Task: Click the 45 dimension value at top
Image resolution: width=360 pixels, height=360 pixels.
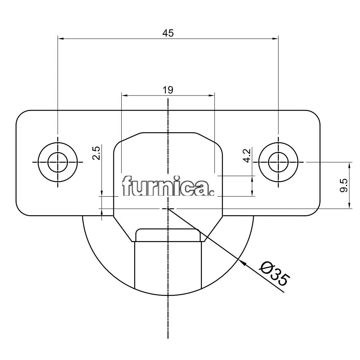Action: [168, 33]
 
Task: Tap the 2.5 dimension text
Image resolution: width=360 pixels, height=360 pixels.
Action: [97, 153]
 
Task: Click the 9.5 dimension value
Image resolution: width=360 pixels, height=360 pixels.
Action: [343, 185]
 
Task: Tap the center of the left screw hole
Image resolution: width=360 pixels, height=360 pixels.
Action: [58, 162]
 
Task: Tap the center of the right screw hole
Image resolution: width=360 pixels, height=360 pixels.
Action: [278, 162]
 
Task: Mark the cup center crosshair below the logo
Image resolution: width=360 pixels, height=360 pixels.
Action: [168, 208]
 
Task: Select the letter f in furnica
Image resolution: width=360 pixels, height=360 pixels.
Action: [126, 185]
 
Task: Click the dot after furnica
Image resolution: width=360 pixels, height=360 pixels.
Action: [212, 194]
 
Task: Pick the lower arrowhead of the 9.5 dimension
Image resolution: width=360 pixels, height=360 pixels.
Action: [348, 206]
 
